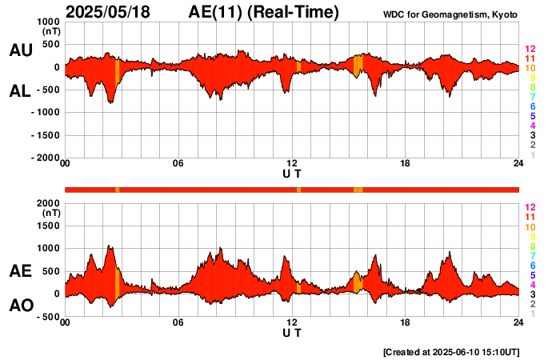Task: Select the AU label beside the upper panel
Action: [x=20, y=50]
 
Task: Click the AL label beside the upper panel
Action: [x=20, y=91]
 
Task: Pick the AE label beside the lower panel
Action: [x=20, y=271]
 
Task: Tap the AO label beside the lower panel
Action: [x=20, y=306]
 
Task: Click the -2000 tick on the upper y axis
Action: [x=45, y=158]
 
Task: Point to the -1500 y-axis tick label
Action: [x=45, y=135]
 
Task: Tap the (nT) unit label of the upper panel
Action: [x=50, y=31]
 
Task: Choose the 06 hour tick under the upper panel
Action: [x=178, y=164]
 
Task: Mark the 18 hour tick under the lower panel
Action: [x=405, y=322]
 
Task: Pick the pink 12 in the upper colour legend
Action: [x=530, y=50]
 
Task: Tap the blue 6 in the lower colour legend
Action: [x=532, y=265]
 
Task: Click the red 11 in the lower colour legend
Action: [x=530, y=217]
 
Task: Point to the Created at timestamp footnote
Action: [x=451, y=351]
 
